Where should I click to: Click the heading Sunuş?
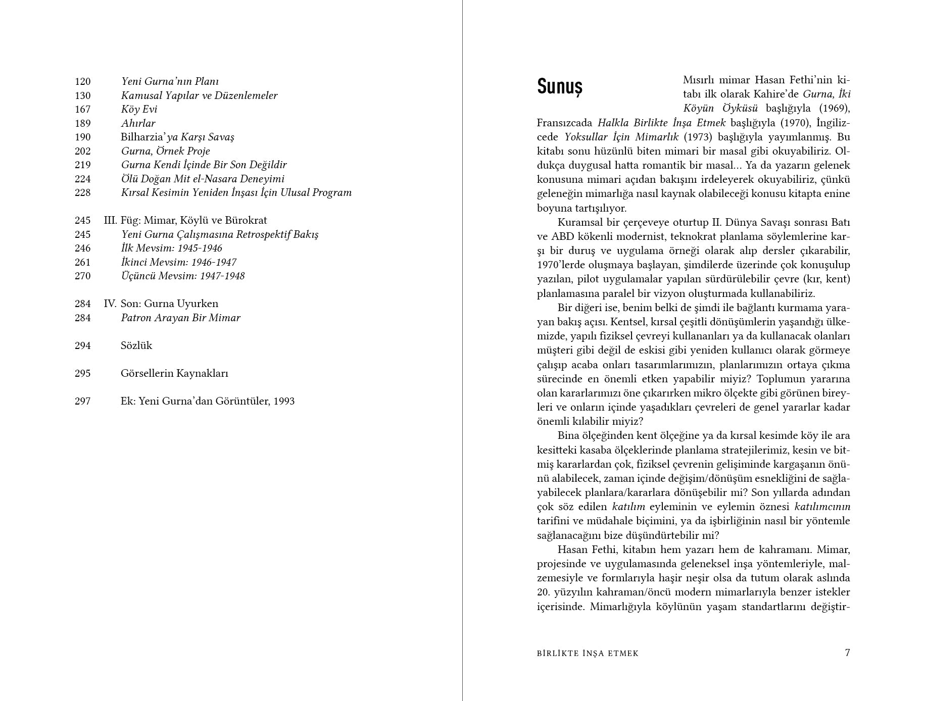point(559,86)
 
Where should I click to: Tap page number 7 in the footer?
point(847,653)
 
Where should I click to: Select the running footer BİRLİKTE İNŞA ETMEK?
point(588,654)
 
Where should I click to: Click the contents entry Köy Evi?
point(139,109)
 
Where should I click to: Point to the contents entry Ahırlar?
point(138,123)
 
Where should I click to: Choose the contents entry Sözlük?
point(136,345)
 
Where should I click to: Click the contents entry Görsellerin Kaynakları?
point(174,373)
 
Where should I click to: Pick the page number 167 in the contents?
point(83,109)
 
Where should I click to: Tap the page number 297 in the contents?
point(83,401)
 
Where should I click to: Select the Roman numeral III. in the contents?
point(110,220)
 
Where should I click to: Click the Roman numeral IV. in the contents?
point(110,304)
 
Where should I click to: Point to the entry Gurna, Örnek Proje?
point(165,151)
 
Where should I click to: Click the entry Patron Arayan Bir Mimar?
point(180,318)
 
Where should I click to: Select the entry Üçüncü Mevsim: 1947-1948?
point(183,276)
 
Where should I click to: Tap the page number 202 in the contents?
point(83,151)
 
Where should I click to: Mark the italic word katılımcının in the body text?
point(822,507)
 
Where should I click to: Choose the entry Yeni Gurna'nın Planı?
point(170,81)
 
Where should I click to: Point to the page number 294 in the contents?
point(83,345)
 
